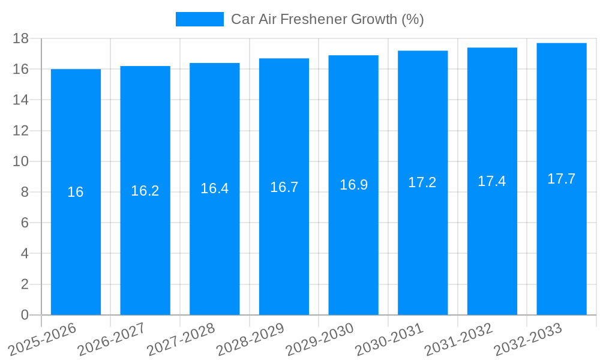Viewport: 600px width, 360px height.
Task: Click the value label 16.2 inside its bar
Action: click(145, 191)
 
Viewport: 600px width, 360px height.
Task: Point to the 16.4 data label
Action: click(214, 188)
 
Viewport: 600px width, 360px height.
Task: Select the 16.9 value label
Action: click(353, 185)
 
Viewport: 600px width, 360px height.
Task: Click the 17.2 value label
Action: click(422, 182)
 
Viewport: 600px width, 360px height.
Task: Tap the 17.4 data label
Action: click(492, 181)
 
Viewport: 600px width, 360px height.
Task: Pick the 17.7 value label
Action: click(562, 179)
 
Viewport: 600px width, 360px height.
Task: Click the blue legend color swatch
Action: click(199, 19)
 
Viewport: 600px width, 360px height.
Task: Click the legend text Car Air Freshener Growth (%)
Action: click(328, 19)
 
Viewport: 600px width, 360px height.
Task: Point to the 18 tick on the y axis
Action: click(21, 38)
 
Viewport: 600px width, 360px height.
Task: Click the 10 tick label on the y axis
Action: click(21, 161)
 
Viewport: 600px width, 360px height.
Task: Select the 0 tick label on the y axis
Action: click(25, 315)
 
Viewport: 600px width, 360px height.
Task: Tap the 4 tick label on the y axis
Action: click(25, 254)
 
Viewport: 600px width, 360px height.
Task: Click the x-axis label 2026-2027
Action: click(110, 340)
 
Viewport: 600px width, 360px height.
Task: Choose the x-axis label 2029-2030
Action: click(319, 340)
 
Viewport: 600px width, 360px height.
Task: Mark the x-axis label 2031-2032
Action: click(458, 340)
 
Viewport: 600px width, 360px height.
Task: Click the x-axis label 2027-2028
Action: click(180, 340)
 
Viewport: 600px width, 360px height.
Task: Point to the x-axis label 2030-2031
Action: click(388, 340)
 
